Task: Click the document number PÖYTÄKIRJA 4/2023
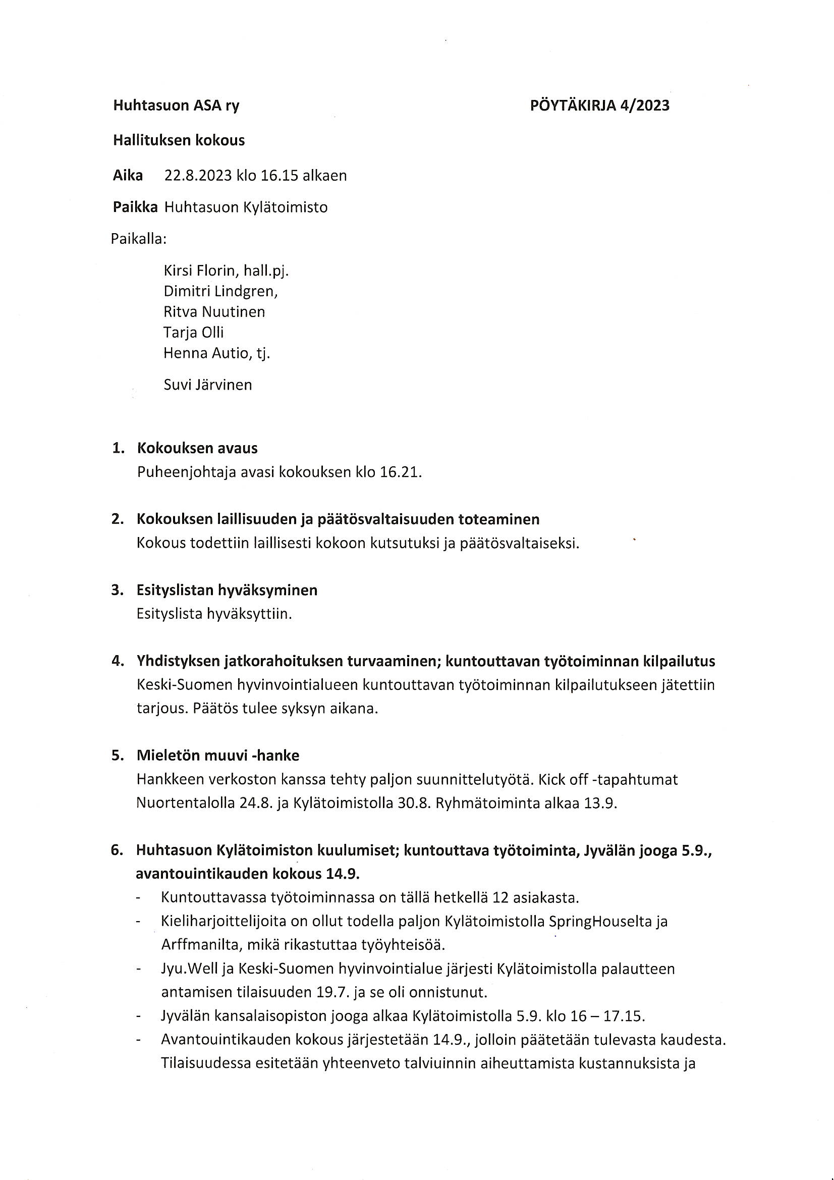pyautogui.click(x=600, y=105)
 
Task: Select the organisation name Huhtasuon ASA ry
pyautogui.click(x=176, y=106)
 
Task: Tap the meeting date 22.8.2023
pyautogui.click(x=198, y=176)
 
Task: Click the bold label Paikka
pyautogui.click(x=135, y=207)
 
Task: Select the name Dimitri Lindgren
pyautogui.click(x=220, y=291)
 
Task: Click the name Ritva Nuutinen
pyautogui.click(x=214, y=312)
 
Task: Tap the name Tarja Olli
pyautogui.click(x=194, y=333)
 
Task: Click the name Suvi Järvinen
pyautogui.click(x=207, y=385)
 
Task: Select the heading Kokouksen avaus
pyautogui.click(x=197, y=448)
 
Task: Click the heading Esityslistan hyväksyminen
pyautogui.click(x=227, y=590)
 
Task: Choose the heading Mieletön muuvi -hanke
pyautogui.click(x=218, y=756)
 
